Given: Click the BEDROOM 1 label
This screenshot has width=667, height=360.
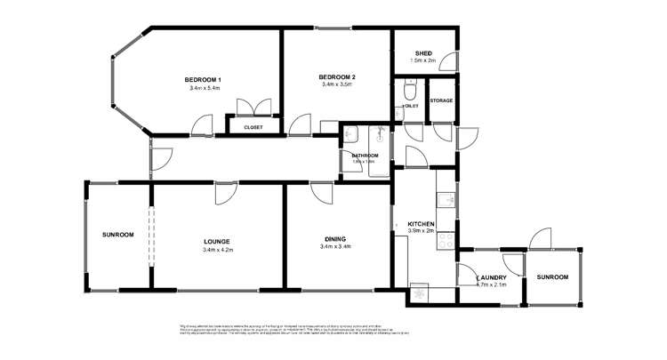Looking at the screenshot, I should point(205,81).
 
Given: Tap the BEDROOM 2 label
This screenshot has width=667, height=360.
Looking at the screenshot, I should point(337,78).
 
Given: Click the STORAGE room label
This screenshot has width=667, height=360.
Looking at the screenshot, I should point(441,100).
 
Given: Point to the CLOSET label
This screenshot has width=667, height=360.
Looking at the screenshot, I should point(253,127).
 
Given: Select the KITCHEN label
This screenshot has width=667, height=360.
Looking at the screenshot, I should point(420,223).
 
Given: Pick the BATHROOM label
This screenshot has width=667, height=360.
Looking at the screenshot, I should point(365,156).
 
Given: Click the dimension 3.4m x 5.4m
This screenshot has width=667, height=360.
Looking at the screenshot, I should point(205,89).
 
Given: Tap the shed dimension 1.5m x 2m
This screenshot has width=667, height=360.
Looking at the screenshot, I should point(422,60).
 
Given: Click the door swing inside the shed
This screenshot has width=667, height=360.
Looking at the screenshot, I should point(451,62).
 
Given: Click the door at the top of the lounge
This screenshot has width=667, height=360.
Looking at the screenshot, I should point(223,192).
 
